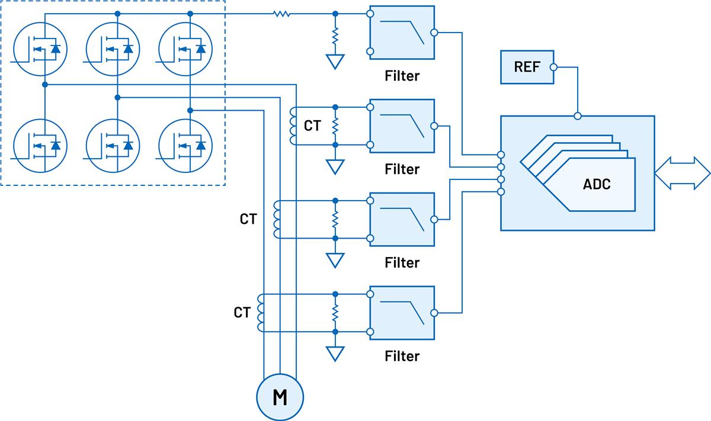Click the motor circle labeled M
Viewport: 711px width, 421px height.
click(279, 397)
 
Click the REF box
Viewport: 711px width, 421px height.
click(527, 67)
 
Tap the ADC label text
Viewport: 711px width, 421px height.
click(596, 184)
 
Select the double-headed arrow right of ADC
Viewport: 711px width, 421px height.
click(682, 173)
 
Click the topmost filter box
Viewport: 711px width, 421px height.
click(402, 33)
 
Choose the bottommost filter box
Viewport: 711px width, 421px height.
click(402, 313)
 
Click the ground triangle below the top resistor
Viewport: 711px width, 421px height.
click(335, 62)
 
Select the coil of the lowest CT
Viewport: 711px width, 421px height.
click(261, 313)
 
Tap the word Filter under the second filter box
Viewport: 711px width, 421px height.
click(402, 169)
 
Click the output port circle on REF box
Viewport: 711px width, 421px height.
click(553, 67)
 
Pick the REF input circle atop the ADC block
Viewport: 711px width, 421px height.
click(578, 115)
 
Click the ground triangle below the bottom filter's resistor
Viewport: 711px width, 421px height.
click(335, 353)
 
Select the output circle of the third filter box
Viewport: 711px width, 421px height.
click(434, 220)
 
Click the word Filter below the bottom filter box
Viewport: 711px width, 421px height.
click(402, 356)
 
